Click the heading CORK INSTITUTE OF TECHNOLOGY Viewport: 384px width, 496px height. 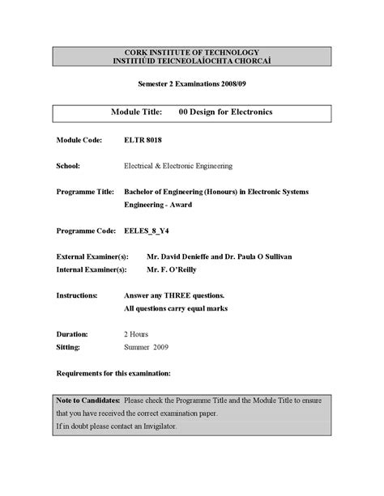[192, 53]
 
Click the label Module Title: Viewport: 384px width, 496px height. [137, 112]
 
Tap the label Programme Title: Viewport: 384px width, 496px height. [84, 192]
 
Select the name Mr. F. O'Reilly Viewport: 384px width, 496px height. [173, 269]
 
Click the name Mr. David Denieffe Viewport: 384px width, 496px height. [184, 256]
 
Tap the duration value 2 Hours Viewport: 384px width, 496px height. [137, 333]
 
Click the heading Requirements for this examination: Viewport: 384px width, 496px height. [113, 373]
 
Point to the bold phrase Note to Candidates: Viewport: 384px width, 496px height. [88, 401]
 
